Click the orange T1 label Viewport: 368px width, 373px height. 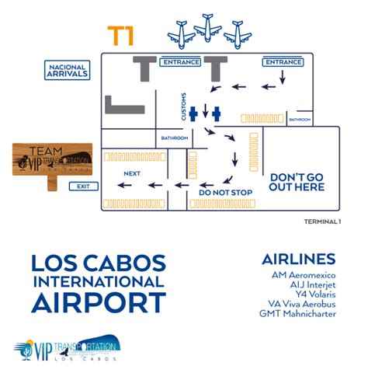click(120, 36)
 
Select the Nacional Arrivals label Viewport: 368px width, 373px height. click(68, 71)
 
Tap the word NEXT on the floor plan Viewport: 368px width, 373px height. click(132, 173)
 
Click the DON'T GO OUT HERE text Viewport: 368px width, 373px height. click(297, 182)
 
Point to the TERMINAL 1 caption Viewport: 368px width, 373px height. click(323, 221)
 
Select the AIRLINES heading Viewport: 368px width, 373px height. click(298, 259)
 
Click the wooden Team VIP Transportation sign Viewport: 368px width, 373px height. click(52, 160)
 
